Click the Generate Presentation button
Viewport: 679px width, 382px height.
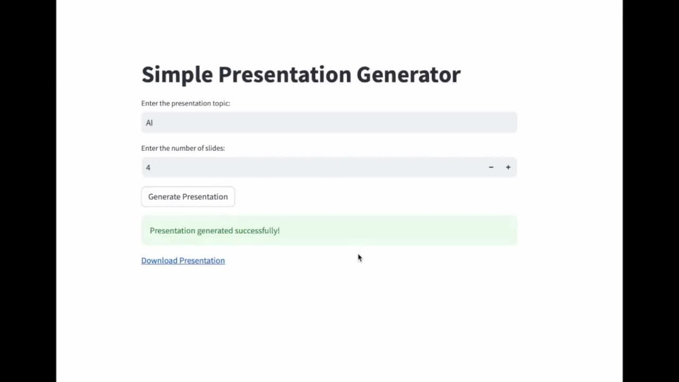point(188,197)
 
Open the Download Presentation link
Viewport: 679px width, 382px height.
point(183,261)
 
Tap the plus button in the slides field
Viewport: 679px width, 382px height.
point(508,167)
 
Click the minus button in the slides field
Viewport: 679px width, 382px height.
point(491,167)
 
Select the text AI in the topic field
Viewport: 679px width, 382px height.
point(149,123)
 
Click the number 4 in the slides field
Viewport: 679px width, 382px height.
point(148,167)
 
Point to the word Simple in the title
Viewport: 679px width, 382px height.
point(177,75)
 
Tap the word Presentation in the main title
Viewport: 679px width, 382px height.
point(286,75)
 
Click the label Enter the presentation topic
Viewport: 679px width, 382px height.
point(186,104)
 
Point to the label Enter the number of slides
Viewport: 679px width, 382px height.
point(183,148)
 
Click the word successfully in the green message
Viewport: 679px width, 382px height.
point(257,231)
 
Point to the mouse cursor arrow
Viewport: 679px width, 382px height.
point(360,258)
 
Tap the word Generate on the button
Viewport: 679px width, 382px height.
point(164,197)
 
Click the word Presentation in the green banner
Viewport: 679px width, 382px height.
point(172,231)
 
